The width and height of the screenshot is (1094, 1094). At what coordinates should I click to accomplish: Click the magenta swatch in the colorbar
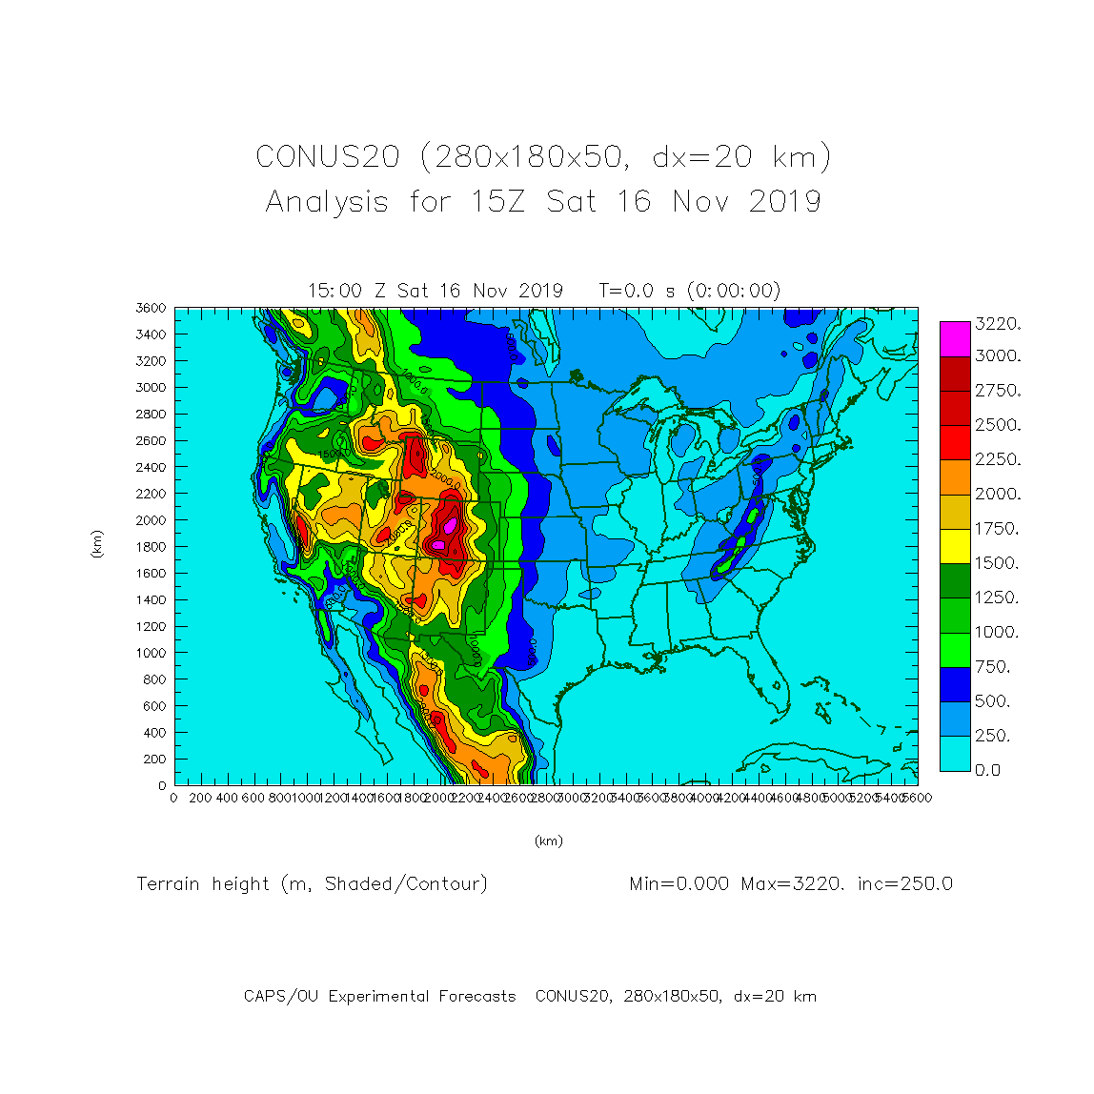tap(955, 338)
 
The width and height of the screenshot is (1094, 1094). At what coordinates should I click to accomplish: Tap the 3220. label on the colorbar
tap(997, 324)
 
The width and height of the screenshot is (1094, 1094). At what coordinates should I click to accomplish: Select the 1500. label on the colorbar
tap(997, 563)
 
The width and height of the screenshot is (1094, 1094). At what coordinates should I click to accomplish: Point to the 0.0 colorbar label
tap(987, 770)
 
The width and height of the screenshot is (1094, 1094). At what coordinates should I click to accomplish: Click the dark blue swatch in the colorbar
tap(955, 684)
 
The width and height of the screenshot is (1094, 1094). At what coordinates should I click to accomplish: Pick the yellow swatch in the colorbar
tap(955, 546)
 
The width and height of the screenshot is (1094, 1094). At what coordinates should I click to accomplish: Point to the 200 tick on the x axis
tap(201, 798)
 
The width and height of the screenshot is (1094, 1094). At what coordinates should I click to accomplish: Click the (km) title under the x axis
tap(548, 841)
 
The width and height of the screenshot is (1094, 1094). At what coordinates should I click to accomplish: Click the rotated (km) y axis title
tap(96, 544)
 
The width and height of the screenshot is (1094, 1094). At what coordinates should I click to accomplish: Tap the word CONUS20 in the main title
tap(327, 157)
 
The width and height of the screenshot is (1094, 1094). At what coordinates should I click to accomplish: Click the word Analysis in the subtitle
tap(327, 202)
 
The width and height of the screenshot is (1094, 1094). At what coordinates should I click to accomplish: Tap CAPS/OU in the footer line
tap(281, 996)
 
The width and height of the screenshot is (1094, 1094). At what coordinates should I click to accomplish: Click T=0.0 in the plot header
tap(632, 291)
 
